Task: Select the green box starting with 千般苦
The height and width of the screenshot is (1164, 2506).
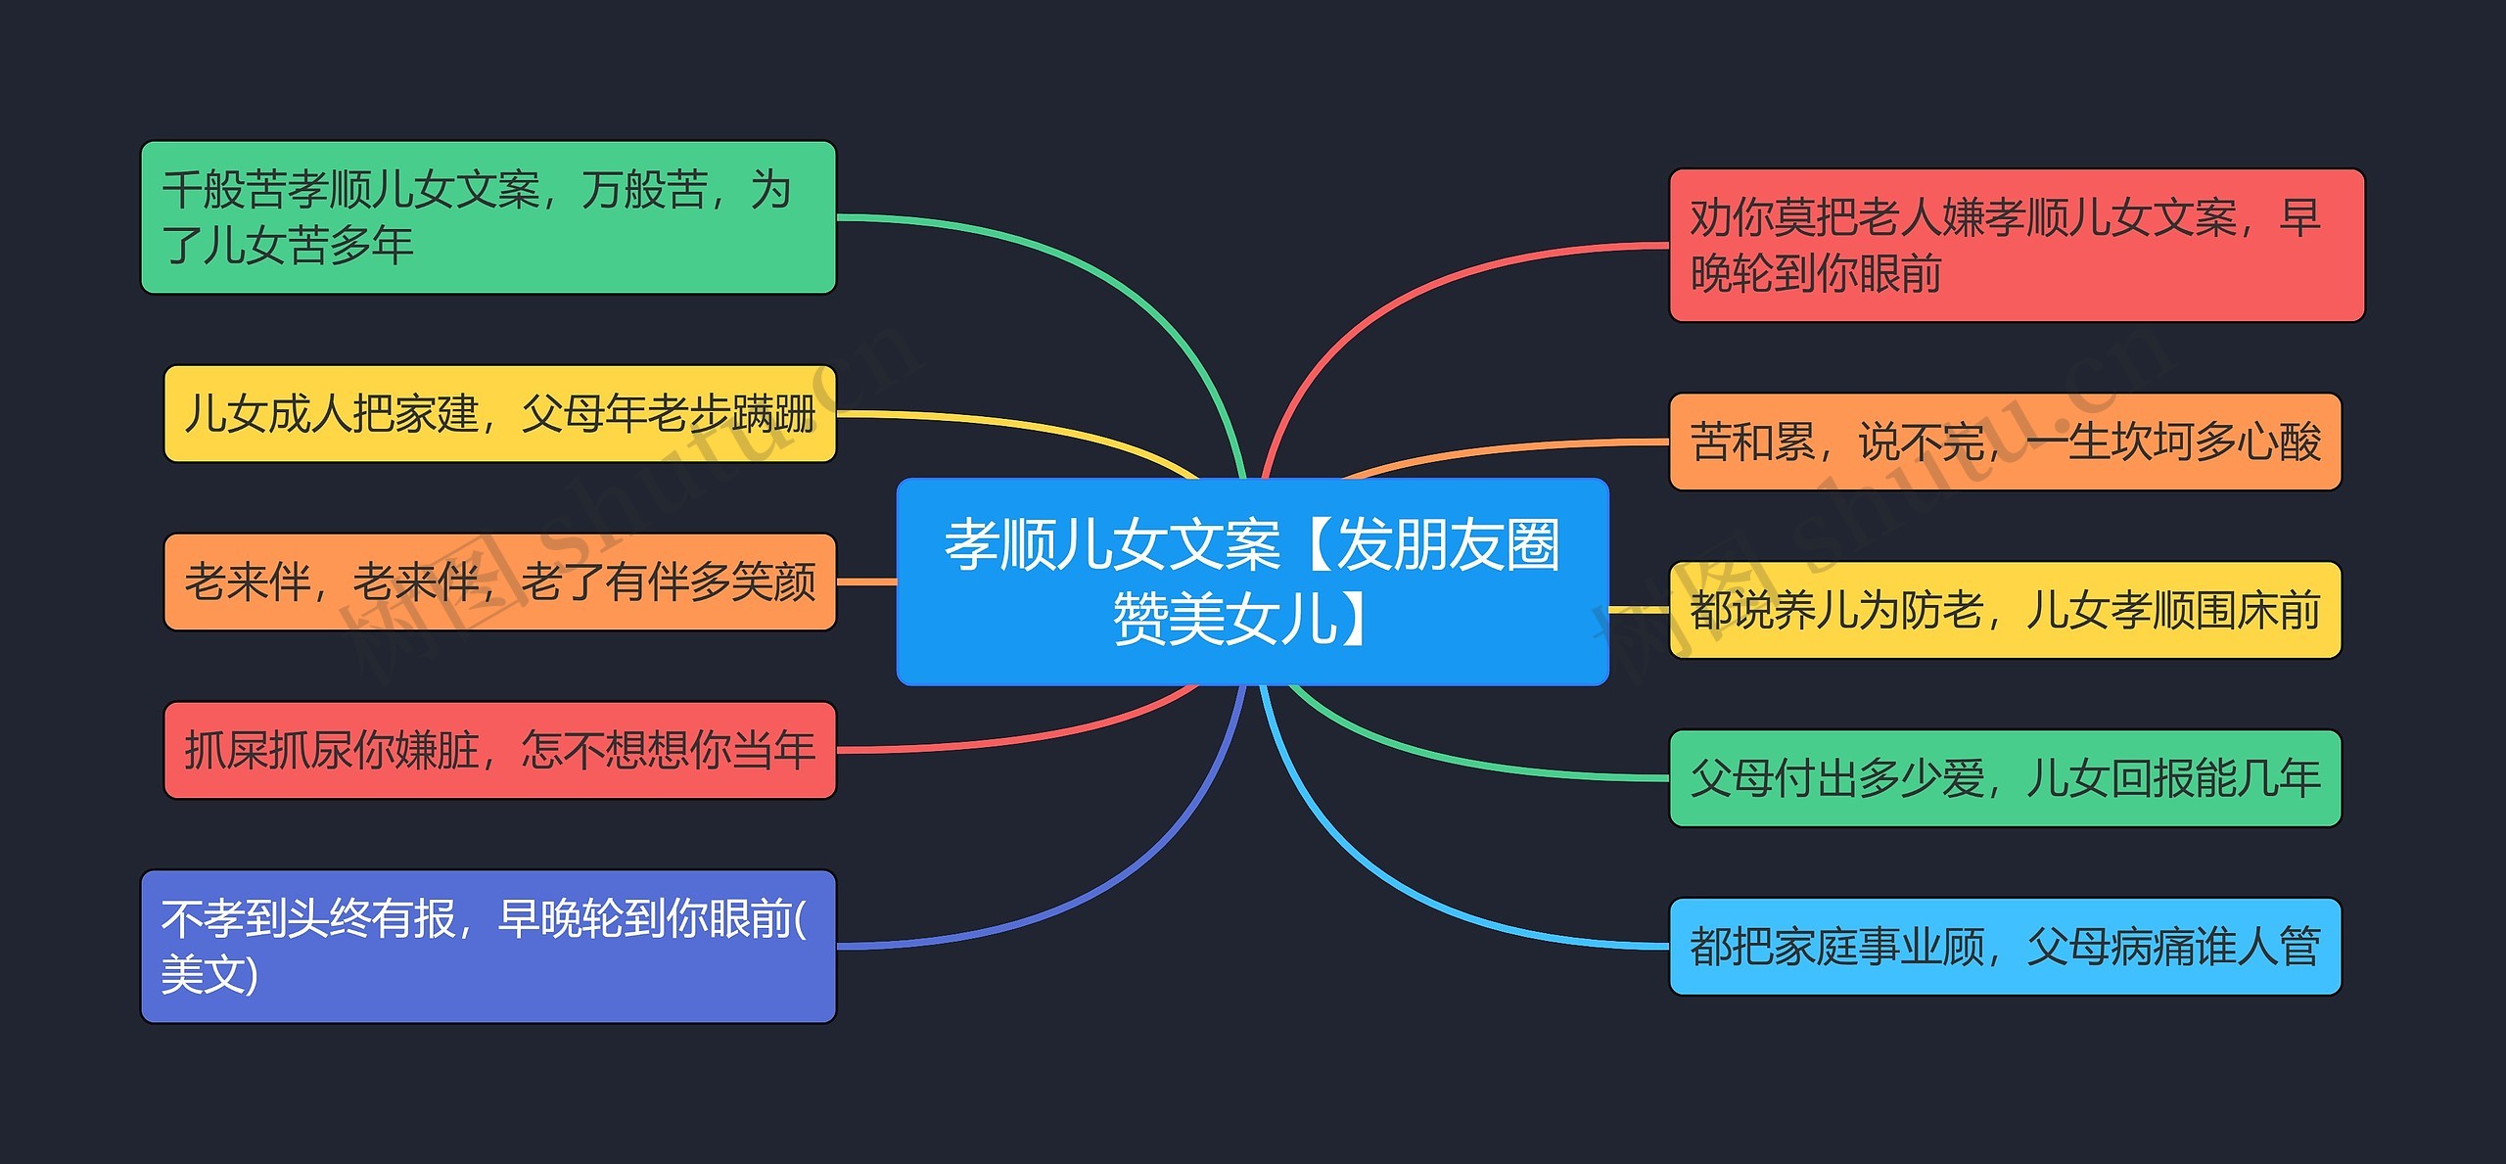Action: (x=487, y=217)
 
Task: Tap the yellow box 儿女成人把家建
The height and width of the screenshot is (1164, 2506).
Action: (x=499, y=413)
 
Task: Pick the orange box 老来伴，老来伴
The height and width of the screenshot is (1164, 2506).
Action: (x=499, y=582)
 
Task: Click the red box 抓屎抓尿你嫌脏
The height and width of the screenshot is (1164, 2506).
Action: (x=499, y=750)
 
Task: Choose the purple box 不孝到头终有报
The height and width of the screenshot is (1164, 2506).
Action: (x=487, y=946)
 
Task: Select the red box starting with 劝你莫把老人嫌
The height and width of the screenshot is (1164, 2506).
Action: (x=2016, y=245)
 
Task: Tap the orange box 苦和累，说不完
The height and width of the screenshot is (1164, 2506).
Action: (x=2004, y=442)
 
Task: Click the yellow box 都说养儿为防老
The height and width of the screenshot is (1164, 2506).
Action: (x=2004, y=610)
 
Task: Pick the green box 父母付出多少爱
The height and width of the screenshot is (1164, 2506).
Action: (x=2004, y=778)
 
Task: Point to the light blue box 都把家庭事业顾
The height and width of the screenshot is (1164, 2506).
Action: (x=2004, y=947)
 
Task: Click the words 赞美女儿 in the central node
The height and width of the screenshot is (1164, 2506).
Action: (x=1224, y=620)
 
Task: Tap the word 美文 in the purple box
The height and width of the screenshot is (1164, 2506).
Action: (x=201, y=975)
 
